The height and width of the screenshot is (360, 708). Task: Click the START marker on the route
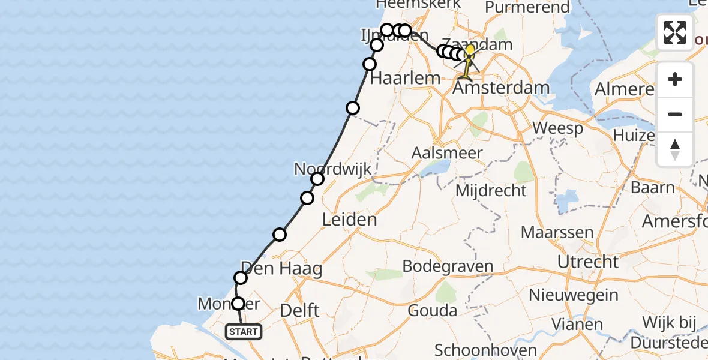pos(244,331)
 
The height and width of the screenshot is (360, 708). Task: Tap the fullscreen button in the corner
pos(675,32)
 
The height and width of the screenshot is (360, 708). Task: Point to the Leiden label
pos(350,220)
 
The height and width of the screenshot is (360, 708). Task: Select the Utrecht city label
pos(587,262)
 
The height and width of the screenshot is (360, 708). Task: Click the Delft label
pos(300,311)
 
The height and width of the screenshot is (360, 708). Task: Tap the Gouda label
pos(433,311)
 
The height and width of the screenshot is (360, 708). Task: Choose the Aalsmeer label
pos(455,153)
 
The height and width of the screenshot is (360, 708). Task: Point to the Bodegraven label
pos(448,266)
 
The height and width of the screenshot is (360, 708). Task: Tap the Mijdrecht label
pos(491,191)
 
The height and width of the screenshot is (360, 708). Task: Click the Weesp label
pos(557,128)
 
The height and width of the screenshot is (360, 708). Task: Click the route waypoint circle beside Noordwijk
pos(317,179)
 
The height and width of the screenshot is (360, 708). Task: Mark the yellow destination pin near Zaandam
pos(469,51)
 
